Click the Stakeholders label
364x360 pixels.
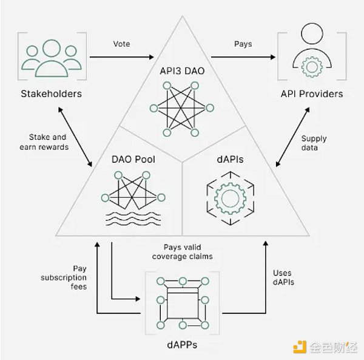point(51,94)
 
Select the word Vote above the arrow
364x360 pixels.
point(121,44)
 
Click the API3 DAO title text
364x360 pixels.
point(182,70)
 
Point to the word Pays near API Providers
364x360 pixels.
point(243,44)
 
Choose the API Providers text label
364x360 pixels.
point(312,94)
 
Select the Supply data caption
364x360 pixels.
point(314,143)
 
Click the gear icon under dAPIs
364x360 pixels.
point(228,198)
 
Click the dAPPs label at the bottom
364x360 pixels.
point(182,345)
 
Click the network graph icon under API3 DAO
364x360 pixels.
point(182,109)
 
